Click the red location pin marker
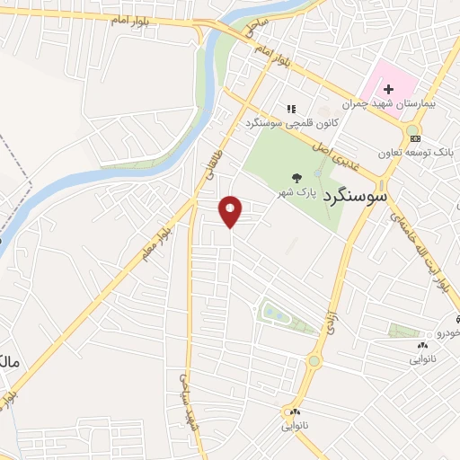tap(231, 211)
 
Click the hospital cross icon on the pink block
tap(388, 89)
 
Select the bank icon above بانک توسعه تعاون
tap(412, 138)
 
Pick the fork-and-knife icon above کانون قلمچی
tap(289, 108)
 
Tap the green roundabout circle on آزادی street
tap(314, 361)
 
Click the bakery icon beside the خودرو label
tap(422, 345)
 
